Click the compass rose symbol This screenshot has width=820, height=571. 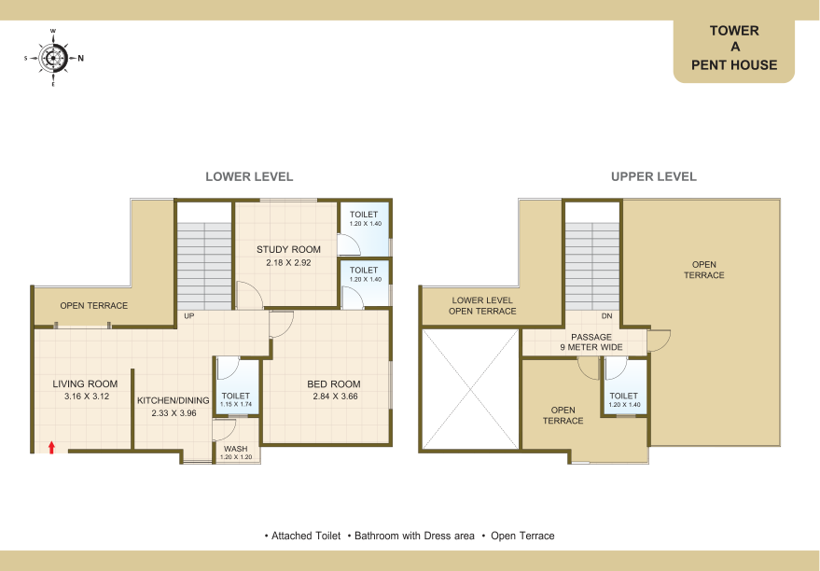(53, 58)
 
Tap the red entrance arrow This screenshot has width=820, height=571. (51, 447)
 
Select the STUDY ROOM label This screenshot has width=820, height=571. (288, 249)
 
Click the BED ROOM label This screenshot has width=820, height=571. (334, 383)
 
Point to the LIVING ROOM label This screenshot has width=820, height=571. (85, 383)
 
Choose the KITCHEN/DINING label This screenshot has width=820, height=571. (174, 400)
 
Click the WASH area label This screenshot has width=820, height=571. (236, 449)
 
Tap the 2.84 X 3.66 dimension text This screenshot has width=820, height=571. (335, 397)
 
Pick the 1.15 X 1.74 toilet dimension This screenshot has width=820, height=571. (236, 404)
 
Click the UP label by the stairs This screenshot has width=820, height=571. (188, 316)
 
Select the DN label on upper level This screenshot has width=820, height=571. (606, 316)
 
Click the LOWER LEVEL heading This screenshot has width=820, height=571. (249, 176)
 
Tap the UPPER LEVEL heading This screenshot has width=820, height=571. (654, 176)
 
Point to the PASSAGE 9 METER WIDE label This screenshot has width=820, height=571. (591, 342)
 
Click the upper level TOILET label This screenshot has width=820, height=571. (623, 396)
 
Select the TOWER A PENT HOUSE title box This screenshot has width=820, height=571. (734, 50)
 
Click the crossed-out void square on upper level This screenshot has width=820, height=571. (470, 389)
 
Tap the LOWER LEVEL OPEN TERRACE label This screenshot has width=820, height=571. (482, 306)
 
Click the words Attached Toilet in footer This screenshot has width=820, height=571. (306, 536)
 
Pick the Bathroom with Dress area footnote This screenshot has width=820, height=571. (415, 536)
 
